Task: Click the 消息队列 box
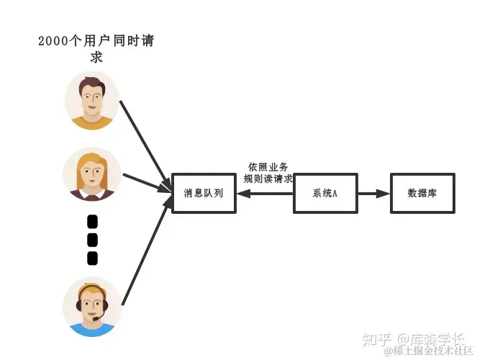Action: click(204, 193)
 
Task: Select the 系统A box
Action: click(325, 193)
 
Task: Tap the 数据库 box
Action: click(422, 193)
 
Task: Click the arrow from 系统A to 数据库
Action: click(373, 193)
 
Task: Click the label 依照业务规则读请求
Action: click(268, 173)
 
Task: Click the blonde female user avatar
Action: click(92, 174)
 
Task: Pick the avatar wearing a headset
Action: click(92, 307)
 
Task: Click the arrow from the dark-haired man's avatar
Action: click(145, 140)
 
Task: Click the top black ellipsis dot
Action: click(92, 222)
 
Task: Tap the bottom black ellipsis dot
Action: click(92, 258)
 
